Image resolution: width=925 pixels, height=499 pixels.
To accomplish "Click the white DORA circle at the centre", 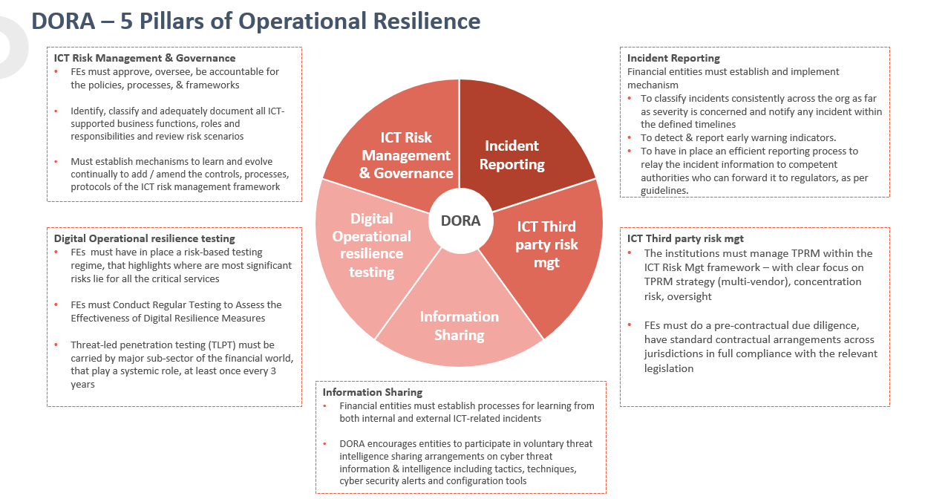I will coord(460,221).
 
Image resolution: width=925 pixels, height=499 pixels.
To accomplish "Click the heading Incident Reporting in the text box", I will coord(673,58).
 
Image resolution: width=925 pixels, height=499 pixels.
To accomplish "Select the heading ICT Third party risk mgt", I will coord(685,238).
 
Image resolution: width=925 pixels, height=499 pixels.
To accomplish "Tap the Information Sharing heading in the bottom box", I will coord(372,392).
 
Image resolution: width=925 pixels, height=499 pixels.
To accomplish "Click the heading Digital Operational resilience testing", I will coord(144,238).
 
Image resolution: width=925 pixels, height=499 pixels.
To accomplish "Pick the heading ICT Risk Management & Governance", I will coord(145,58).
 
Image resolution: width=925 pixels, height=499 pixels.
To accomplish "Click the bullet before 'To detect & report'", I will coord(630,138).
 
